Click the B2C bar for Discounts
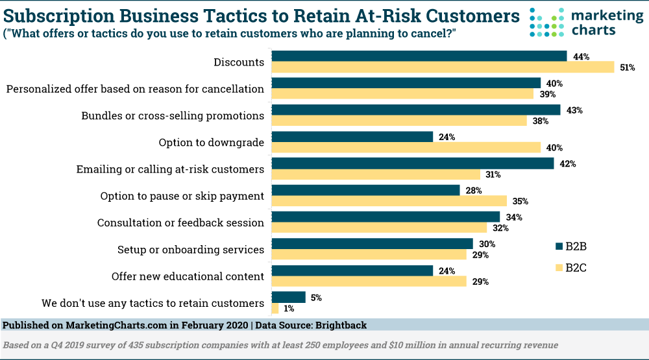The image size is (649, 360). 443,67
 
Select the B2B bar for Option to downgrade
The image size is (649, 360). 352,137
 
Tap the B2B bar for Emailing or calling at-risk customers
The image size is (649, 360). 412,163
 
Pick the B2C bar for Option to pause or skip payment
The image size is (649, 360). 389,201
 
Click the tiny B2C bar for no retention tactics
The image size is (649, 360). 275,309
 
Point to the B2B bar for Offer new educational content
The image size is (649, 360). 352,270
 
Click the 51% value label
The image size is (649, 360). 627,67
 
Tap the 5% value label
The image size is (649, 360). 316,298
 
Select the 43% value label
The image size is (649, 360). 574,110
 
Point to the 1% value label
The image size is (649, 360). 289,309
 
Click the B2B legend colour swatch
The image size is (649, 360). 559,246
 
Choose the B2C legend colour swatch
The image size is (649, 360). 559,267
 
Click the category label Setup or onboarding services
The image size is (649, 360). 190,250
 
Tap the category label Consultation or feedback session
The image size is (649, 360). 180,222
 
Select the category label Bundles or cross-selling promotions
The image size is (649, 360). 173,115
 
